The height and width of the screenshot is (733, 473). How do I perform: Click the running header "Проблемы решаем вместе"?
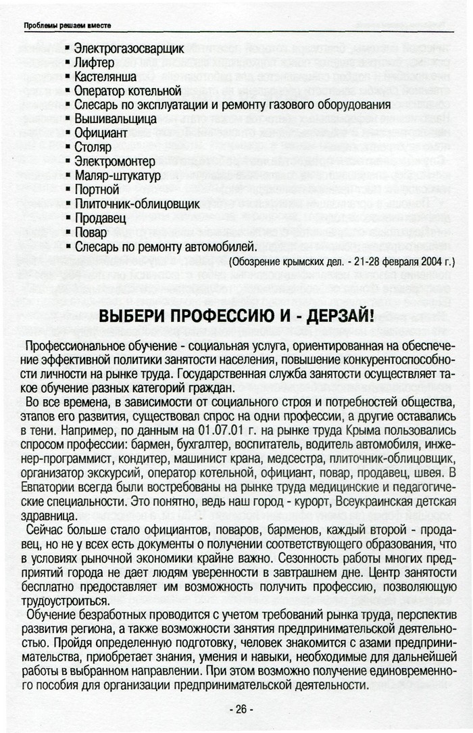point(67,26)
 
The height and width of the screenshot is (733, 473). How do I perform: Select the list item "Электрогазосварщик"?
point(128,49)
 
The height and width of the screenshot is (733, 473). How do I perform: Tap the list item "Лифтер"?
point(94,63)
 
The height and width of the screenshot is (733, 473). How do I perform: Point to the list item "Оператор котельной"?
point(128,91)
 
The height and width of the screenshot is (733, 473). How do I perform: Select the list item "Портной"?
point(96,189)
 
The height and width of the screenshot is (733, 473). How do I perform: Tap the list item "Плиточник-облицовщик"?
point(136,204)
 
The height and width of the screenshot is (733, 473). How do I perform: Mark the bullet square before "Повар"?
point(68,233)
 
